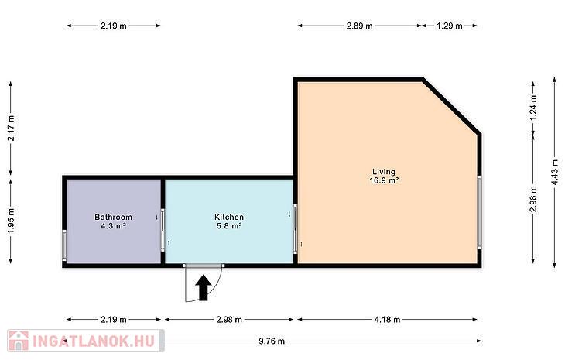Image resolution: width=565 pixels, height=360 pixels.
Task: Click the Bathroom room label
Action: coord(113,217)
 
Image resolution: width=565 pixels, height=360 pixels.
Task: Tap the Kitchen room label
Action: coord(229,217)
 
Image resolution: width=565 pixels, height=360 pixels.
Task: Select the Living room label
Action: coord(384,172)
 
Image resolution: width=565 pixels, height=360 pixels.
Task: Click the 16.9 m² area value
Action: coord(384,180)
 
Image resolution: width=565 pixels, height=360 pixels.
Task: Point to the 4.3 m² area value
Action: coord(113,226)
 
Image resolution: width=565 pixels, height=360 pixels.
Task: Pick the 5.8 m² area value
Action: coord(229,226)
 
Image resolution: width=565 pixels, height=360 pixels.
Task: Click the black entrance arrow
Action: coord(204,287)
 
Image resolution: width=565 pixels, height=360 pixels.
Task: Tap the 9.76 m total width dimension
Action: coord(272,341)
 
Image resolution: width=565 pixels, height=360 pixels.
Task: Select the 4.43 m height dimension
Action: coord(555,173)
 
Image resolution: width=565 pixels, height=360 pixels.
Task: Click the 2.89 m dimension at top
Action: coord(359,26)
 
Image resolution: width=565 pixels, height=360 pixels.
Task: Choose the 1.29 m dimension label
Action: coord(450,26)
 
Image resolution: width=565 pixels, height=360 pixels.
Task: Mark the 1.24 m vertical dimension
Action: coord(533,108)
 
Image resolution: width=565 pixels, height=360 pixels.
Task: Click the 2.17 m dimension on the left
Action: coord(11,129)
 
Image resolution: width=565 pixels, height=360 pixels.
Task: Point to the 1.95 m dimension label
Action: coord(11,221)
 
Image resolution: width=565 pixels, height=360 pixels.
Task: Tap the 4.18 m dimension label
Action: coord(387,319)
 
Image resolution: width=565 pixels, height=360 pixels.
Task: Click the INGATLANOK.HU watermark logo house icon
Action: coord(18,341)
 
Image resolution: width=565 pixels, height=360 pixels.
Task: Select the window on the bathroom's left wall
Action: coord(64,245)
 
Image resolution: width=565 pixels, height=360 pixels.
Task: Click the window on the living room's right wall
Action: coord(479,212)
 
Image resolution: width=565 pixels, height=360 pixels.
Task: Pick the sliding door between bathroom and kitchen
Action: coord(163,231)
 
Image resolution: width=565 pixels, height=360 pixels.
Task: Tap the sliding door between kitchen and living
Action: coord(296,229)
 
